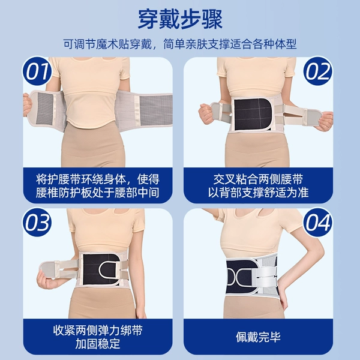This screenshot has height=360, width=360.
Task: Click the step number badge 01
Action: [x=37, y=71]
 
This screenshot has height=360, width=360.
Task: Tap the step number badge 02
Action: [x=318, y=71]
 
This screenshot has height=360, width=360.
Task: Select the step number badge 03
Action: [x=37, y=222]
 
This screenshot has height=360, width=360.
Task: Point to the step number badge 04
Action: [x=318, y=222]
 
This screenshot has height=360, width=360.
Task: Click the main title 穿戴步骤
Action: [x=180, y=19]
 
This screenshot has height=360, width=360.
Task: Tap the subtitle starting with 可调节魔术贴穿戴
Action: [x=180, y=44]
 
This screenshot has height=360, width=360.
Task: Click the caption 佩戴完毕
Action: [x=258, y=337]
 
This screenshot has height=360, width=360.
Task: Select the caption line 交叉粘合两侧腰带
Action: [x=258, y=179]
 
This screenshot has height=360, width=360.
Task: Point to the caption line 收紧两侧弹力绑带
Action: [x=98, y=331]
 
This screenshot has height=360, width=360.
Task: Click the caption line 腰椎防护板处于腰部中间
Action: [x=98, y=193]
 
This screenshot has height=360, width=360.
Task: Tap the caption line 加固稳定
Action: [x=98, y=344]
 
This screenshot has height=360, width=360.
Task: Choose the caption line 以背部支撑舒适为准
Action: [x=258, y=193]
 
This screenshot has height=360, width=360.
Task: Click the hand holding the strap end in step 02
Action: [x=325, y=121]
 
